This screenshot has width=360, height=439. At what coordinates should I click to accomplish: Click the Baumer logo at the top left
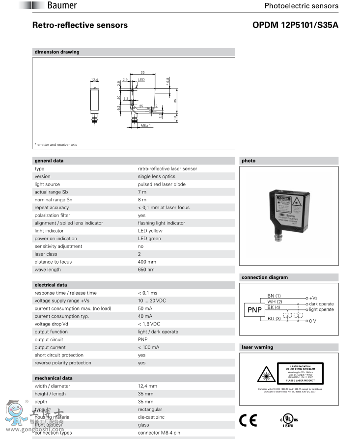click(x=61, y=5)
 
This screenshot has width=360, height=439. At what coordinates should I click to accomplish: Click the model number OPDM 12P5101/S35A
click(x=295, y=25)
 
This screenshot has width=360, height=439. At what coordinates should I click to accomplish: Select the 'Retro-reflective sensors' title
click(x=80, y=25)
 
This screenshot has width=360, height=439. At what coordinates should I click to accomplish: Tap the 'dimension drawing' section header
click(x=57, y=52)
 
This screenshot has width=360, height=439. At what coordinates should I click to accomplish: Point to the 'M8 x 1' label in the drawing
click(x=146, y=126)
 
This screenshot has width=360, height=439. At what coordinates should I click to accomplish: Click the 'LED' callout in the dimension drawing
click(x=141, y=80)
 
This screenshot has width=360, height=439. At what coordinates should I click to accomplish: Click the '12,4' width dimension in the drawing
click(x=95, y=80)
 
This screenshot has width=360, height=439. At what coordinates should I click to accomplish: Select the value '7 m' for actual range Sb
click(x=142, y=192)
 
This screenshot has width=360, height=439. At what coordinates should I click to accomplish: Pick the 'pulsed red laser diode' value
click(x=162, y=184)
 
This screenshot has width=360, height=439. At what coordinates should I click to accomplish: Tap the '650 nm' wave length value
click(x=146, y=270)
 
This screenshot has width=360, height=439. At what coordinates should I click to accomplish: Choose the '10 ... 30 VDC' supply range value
click(x=152, y=301)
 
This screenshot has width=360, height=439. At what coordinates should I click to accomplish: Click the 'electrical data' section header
click(x=51, y=285)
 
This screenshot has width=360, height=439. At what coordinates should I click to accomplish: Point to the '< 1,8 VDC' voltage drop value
click(x=149, y=324)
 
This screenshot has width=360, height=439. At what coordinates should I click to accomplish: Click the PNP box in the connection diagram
click(x=255, y=310)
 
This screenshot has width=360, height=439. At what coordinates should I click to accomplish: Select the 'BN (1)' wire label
click(x=274, y=295)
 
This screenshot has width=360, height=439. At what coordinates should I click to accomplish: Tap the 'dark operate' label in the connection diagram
click(x=321, y=304)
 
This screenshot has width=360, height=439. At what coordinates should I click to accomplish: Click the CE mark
click(x=248, y=420)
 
